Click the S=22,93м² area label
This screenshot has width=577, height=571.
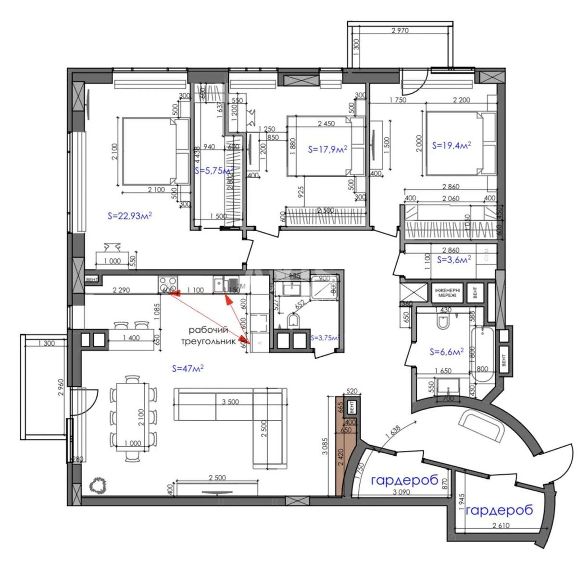click(129, 216)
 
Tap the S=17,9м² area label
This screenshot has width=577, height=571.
click(327, 150)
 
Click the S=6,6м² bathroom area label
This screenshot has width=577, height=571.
click(446, 352)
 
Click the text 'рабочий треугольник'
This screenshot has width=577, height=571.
click(209, 336)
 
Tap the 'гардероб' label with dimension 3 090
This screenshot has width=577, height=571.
click(404, 480)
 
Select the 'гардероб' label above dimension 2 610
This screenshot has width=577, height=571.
click(500, 510)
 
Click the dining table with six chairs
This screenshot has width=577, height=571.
click(132, 416)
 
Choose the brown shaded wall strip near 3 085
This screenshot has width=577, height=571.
click(339, 447)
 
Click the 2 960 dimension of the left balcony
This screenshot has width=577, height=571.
click(60, 387)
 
